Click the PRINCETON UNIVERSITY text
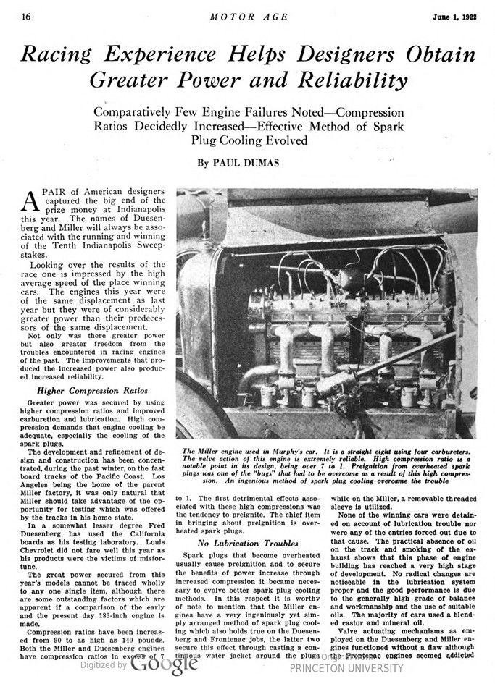click(350, 670)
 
